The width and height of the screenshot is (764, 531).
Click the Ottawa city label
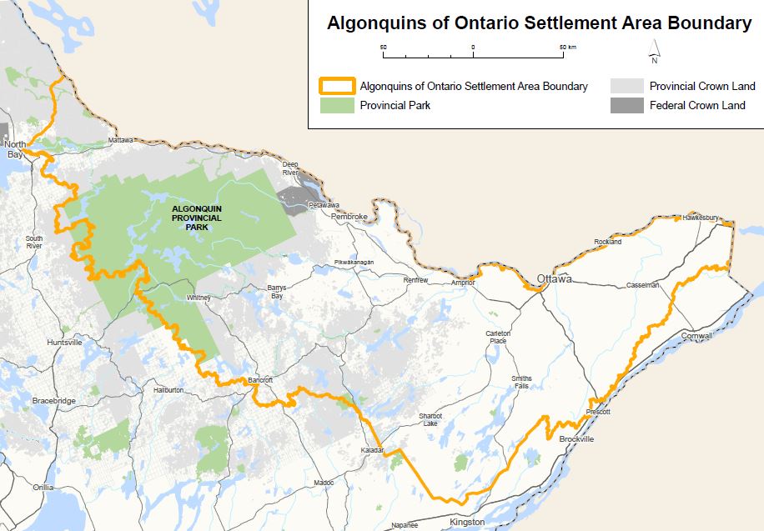point(555,278)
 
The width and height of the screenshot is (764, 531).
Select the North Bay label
point(15,149)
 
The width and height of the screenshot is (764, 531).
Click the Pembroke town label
point(349,217)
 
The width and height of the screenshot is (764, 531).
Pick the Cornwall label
point(696,336)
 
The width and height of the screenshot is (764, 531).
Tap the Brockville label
point(576,438)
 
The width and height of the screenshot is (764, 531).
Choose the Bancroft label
point(261,381)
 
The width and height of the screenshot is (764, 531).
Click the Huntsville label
point(66,343)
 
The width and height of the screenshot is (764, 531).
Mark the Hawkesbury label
point(701,218)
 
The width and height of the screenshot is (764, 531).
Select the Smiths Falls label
point(521,383)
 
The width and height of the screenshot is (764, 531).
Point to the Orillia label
point(43,487)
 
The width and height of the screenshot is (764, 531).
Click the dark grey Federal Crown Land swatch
point(626,106)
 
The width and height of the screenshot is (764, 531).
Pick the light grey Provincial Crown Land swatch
point(626,86)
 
